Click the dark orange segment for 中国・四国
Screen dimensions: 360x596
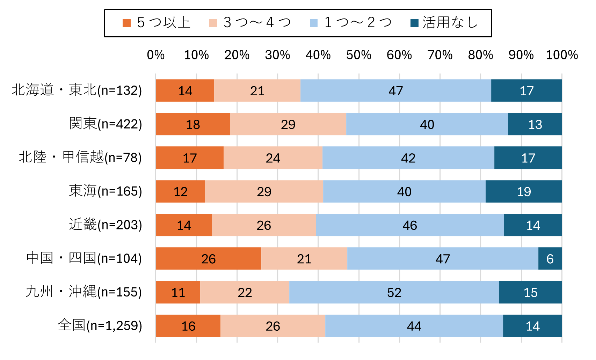pos(209,258)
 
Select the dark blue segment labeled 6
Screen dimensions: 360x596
pos(550,258)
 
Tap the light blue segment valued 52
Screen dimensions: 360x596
pos(394,292)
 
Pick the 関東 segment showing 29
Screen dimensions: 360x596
pos(288,124)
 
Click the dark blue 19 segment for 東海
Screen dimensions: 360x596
pos(524,191)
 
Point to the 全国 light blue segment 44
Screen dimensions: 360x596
pos(414,326)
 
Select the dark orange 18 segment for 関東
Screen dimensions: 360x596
pos(193,124)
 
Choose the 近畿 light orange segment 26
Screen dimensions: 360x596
pos(264,225)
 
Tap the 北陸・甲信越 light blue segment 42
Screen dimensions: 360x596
pos(408,158)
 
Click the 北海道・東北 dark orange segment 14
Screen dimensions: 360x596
pos(185,90)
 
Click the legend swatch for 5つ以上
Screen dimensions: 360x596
pos(126,23)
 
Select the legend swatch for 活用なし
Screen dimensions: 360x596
pos(414,23)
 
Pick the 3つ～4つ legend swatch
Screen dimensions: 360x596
pos(213,23)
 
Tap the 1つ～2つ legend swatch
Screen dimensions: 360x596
pos(314,23)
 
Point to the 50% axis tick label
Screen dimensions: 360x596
pos(358,55)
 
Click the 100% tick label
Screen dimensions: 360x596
pos(562,55)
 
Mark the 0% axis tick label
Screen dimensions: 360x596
pos(156,55)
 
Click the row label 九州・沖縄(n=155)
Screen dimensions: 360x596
pos(84,292)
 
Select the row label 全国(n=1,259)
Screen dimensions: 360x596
pos(100,325)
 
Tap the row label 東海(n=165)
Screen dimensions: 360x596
pos(106,191)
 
